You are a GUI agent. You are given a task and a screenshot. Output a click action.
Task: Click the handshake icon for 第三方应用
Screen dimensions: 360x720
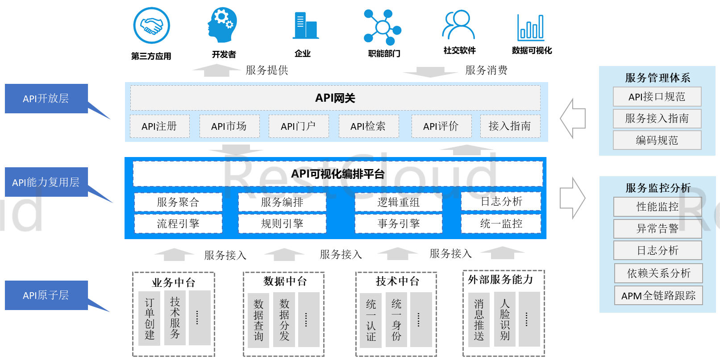click(x=151, y=25)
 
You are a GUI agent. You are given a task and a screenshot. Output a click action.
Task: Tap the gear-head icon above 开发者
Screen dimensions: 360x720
click(x=222, y=25)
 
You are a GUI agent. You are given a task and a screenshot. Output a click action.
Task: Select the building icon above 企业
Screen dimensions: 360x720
click(x=305, y=25)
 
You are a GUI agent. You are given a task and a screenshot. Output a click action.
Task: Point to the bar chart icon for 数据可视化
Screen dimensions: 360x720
click(x=531, y=28)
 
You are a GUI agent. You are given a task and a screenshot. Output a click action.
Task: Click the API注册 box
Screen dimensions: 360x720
click(x=159, y=126)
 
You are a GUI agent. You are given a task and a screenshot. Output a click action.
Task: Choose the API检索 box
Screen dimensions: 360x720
click(x=368, y=126)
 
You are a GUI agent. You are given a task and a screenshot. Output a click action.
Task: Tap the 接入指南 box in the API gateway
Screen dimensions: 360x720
click(x=510, y=126)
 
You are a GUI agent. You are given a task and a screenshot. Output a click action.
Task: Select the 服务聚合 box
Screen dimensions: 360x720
click(x=178, y=202)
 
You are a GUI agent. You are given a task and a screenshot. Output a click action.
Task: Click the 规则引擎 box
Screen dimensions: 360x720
click(x=282, y=223)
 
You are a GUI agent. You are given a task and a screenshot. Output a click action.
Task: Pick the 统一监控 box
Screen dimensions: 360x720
click(x=501, y=223)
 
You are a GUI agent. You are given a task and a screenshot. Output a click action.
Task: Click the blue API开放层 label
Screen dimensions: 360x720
click(x=46, y=99)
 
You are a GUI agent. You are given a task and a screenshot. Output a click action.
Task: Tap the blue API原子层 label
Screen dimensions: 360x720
click(x=46, y=295)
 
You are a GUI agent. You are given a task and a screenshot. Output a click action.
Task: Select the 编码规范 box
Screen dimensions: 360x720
click(x=657, y=140)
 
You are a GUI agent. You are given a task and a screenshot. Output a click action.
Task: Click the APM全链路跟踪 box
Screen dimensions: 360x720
click(x=658, y=295)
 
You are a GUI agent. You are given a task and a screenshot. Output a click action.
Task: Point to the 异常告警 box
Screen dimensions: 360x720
click(x=658, y=229)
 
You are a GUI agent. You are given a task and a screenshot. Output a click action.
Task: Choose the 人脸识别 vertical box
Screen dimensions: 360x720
click(x=505, y=319)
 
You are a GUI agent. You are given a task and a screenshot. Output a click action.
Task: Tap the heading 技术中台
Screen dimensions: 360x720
click(x=397, y=281)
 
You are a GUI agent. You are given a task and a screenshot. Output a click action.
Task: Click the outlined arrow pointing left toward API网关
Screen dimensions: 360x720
click(x=573, y=118)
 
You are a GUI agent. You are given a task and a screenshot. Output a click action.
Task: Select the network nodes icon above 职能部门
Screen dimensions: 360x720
click(x=383, y=27)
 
